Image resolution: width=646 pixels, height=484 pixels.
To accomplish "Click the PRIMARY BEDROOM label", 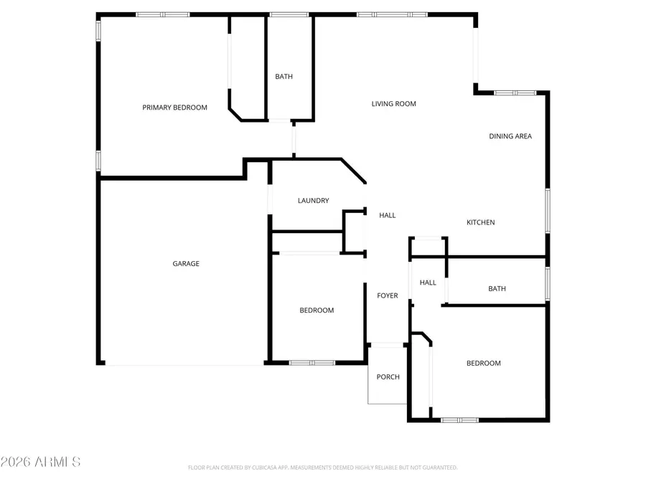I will click(174, 108).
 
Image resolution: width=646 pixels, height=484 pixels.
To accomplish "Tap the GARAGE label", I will click(186, 264).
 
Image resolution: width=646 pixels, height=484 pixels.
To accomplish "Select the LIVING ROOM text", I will click(393, 104).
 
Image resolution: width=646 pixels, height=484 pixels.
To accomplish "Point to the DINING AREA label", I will click(510, 136).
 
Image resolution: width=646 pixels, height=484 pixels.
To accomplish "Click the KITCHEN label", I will click(481, 223).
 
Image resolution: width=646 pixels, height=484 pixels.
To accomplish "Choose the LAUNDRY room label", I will click(313, 201).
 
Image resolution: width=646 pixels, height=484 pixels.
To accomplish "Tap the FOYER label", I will click(388, 295).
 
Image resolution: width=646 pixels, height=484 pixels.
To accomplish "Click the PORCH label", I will click(388, 377).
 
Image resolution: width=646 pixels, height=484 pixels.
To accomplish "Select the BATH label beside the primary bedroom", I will click(284, 77).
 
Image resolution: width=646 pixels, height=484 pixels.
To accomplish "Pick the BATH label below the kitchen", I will click(497, 289).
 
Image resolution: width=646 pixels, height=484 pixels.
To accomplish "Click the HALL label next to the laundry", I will click(387, 215).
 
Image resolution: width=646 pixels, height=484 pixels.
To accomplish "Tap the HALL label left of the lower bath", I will click(428, 283).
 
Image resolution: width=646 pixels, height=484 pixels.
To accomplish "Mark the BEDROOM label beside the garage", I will click(317, 310).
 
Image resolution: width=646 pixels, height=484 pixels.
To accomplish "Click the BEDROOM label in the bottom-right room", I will click(484, 364).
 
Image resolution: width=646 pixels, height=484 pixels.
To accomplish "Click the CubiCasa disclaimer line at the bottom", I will click(322, 468).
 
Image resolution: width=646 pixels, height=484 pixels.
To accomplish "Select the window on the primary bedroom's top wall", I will click(162, 14).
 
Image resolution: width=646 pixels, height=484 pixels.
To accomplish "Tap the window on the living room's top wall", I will click(392, 14).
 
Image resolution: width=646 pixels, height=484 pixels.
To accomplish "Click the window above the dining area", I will click(515, 92).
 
